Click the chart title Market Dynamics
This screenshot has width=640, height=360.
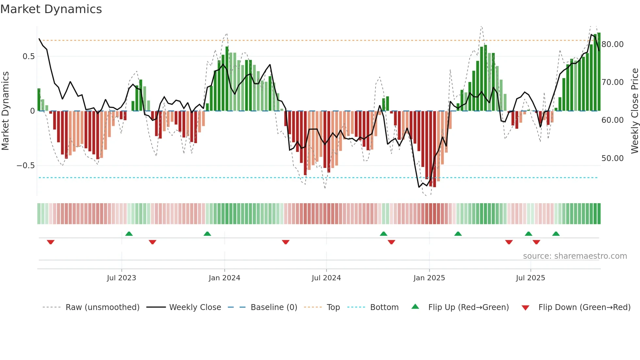tap(51, 9)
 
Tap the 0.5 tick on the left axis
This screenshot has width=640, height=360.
tap(28, 57)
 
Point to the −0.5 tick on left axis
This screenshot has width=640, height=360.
tap(25, 166)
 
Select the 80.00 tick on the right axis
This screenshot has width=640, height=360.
tap(612, 44)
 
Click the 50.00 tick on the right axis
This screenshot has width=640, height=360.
tap(612, 158)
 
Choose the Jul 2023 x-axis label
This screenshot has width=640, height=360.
tap(121, 278)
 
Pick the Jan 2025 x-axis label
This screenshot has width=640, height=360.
tap(429, 278)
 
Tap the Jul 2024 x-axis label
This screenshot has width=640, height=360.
tap(326, 278)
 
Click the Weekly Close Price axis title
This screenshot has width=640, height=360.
tap(634, 111)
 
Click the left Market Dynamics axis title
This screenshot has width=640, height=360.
tap(5, 111)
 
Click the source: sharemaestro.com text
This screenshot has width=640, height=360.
tap(575, 256)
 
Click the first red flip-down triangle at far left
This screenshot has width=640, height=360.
tap(51, 242)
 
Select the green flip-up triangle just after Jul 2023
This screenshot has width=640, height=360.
tap(129, 234)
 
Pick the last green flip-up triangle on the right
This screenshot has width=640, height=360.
tap(556, 234)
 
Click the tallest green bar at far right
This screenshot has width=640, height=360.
tap(599, 72)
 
